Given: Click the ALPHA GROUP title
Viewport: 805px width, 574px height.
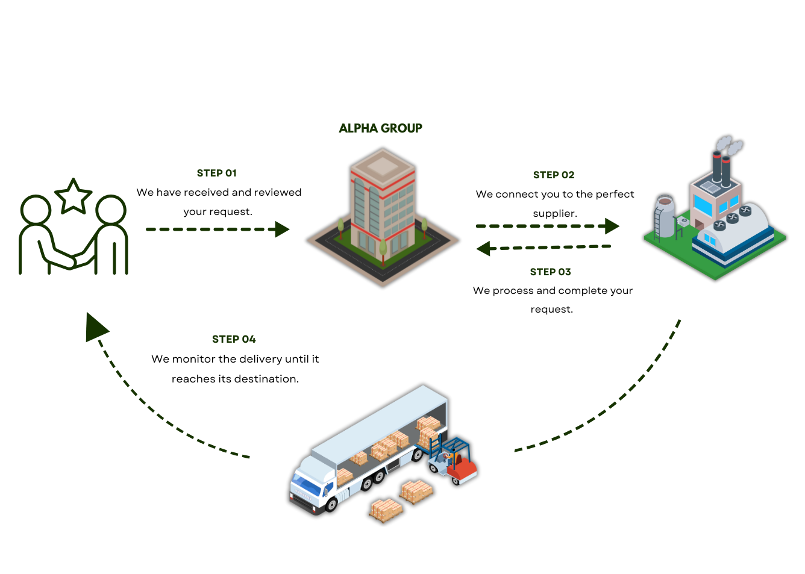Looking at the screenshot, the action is pos(380,128).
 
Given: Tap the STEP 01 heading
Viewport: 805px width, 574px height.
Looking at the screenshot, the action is pos(217,173).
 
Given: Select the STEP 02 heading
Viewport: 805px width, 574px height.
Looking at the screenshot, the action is pos(554,175).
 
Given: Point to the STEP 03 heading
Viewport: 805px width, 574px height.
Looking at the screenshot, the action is pos(550,272).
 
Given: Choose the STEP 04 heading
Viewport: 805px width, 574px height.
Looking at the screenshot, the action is pos(234,339).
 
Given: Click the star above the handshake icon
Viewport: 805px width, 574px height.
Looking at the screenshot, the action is pos(74,196).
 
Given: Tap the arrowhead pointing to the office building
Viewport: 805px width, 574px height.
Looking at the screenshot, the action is pos(283,229).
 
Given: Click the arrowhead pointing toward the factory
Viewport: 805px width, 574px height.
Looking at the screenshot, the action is pos(612,226).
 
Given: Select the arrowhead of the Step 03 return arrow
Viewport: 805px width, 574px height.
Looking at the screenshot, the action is pos(484,249).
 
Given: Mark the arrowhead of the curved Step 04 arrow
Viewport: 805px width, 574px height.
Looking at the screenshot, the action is pos(96,327).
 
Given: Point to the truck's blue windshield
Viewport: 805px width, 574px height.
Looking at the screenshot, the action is pos(306,484).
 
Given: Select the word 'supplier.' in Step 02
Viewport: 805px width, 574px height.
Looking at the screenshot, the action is pos(555,214).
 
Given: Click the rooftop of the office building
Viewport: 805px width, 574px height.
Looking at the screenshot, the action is pos(383,165).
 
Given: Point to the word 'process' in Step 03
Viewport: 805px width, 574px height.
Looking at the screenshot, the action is pos(513,291).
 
